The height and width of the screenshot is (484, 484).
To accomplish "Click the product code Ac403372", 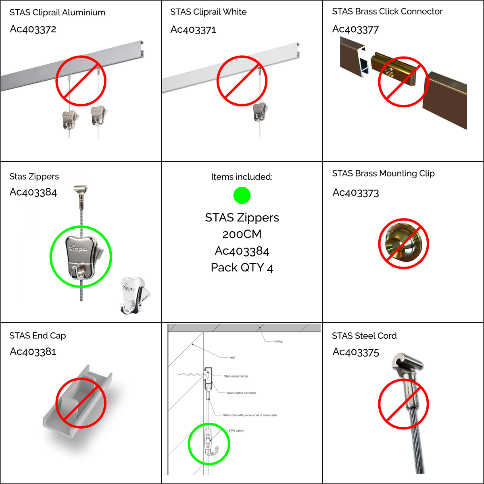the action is [33, 29].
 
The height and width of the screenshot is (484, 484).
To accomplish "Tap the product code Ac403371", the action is [193, 29].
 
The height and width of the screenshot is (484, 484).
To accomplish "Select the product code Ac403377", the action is [355, 29].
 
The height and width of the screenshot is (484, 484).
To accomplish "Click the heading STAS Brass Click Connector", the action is [387, 11].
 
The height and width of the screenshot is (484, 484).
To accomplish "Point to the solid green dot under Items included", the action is [242, 195].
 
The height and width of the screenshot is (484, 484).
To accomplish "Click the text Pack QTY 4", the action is [242, 267].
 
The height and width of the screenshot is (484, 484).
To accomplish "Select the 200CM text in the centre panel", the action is [242, 234].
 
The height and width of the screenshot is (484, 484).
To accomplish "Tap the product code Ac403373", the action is [356, 193].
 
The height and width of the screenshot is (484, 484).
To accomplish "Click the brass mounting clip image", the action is [403, 244].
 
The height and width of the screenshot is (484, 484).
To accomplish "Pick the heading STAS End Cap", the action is [38, 336].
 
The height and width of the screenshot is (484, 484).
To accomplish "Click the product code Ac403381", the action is [33, 352].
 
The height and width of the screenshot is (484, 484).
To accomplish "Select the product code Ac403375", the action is [356, 352].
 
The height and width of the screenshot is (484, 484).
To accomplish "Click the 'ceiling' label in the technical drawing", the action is [278, 341].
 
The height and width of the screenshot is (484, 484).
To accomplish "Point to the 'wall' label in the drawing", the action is [233, 357].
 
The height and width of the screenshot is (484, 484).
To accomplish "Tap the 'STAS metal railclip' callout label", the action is [236, 376].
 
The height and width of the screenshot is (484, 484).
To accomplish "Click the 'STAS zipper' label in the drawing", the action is [236, 430].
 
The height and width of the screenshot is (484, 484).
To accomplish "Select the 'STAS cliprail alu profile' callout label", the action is [242, 393].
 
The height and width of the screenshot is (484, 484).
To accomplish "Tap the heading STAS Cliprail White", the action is [209, 12].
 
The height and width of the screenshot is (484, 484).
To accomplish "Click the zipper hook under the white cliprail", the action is [261, 112].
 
